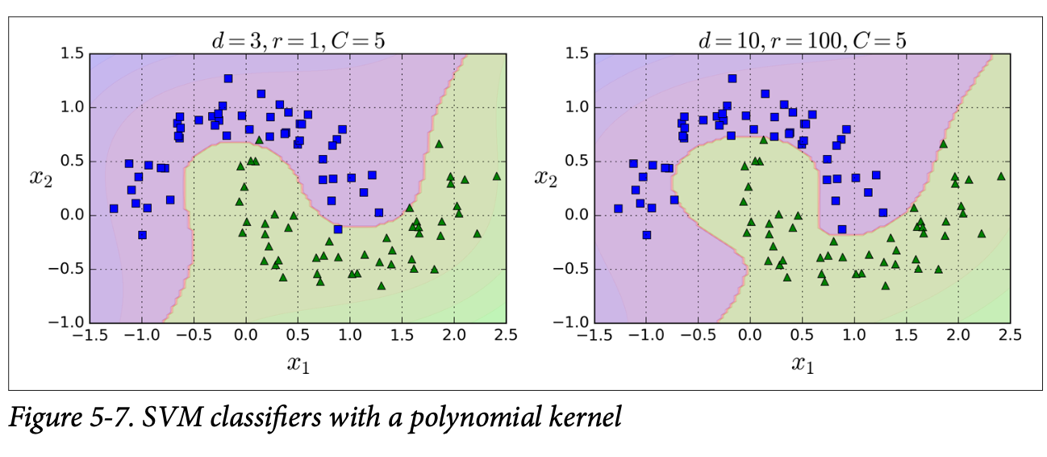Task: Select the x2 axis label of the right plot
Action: tap(549, 176)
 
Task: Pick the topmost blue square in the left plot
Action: tap(228, 78)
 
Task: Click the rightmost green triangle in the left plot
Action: tap(496, 175)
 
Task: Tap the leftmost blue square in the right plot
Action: tap(618, 208)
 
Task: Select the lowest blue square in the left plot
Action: tap(142, 235)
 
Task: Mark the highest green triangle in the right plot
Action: tap(943, 144)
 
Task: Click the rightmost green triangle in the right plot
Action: tap(1001, 175)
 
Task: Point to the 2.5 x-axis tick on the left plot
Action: tap(506, 334)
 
